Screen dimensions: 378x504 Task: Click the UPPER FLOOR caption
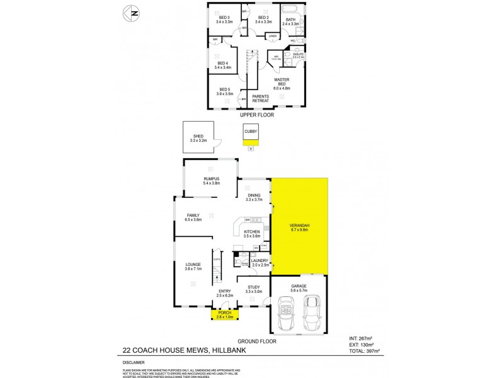pos(256,116)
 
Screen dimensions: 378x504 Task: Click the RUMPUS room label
pos(211,180)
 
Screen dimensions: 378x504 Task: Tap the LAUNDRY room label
pos(260,260)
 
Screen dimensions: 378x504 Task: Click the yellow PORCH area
pos(224,315)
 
